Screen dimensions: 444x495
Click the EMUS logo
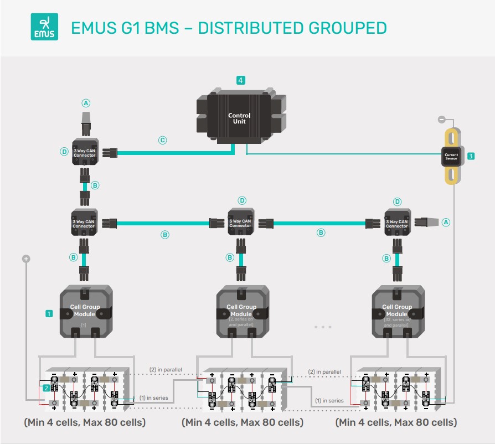(44, 28)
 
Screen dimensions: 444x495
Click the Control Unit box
(240, 118)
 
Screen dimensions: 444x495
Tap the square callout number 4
(240, 80)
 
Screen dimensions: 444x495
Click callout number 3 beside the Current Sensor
(471, 157)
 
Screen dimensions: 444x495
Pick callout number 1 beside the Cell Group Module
(49, 313)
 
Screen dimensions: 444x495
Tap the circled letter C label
(162, 141)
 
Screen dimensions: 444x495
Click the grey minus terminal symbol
(441, 119)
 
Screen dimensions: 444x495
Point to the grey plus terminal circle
(25, 259)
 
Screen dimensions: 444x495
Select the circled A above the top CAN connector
(85, 103)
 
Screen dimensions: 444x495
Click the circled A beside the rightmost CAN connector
(446, 222)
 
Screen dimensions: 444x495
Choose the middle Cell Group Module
(241, 312)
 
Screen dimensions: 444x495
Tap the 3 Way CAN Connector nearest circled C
(85, 152)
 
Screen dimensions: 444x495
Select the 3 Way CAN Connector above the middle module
(240, 223)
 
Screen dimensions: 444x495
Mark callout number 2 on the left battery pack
(45, 388)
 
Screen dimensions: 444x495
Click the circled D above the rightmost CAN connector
(396, 202)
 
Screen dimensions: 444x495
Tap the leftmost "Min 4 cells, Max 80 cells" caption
(85, 422)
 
